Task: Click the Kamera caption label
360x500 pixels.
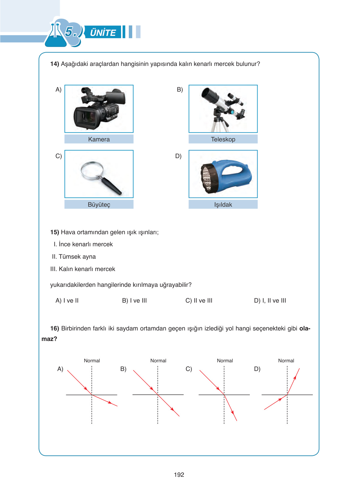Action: click(x=99, y=139)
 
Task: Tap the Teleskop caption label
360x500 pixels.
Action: click(x=223, y=139)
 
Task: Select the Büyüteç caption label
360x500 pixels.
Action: click(x=99, y=205)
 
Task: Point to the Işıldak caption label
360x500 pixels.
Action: click(x=223, y=205)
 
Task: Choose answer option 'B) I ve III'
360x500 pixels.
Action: click(x=134, y=300)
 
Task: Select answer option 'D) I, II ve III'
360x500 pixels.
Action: click(x=270, y=300)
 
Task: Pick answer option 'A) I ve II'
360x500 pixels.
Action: click(x=67, y=300)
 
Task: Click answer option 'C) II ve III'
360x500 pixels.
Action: click(x=199, y=300)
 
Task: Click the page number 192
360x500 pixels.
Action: click(x=179, y=475)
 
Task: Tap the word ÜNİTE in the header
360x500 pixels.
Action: click(x=103, y=32)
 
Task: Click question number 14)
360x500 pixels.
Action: click(x=54, y=64)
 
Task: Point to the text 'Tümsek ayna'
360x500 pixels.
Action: click(x=77, y=256)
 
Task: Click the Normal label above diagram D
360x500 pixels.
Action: click(x=286, y=360)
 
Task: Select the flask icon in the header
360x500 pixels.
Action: click(x=56, y=36)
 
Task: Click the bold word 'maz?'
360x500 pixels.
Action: click(x=49, y=339)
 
